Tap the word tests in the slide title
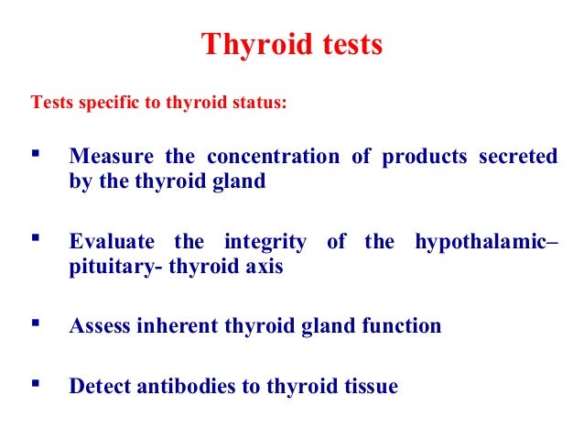pyautogui.click(x=347, y=44)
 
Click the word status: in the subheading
pyautogui.click(x=259, y=102)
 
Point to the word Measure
pyautogui.click(x=109, y=157)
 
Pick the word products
pyautogui.click(x=425, y=157)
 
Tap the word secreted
pyautogui.click(x=517, y=157)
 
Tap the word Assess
pyautogui.click(x=100, y=326)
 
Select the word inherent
pyautogui.click(x=175, y=326)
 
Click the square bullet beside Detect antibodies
pyautogui.click(x=37, y=384)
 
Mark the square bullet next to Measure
pyautogui.click(x=37, y=154)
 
